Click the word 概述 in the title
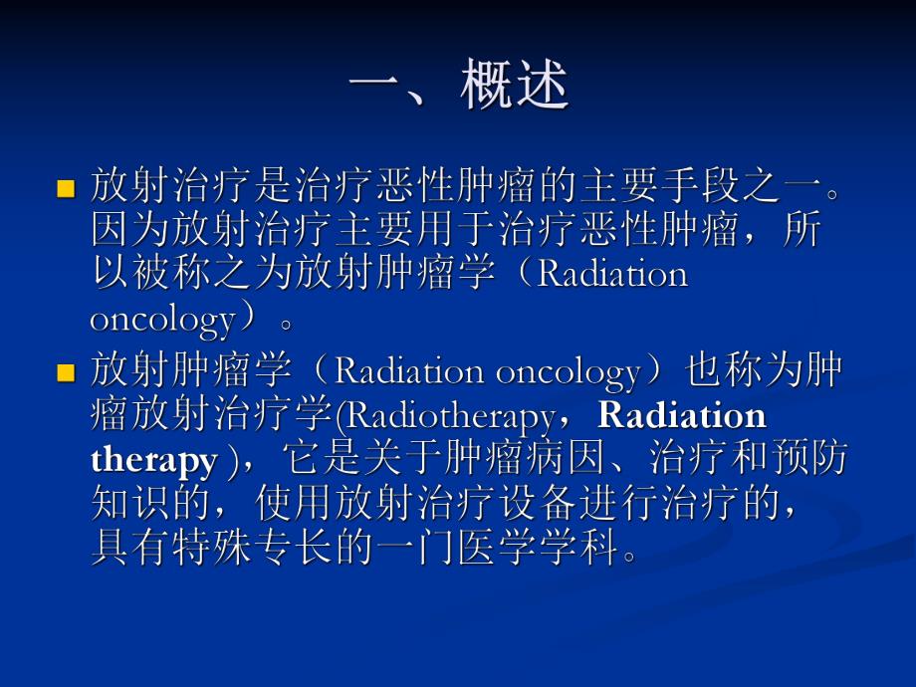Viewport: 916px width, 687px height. click(515, 86)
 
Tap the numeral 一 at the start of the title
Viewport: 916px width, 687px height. click(375, 86)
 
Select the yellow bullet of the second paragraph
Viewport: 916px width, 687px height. click(67, 374)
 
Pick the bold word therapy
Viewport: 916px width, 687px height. click(153, 461)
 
